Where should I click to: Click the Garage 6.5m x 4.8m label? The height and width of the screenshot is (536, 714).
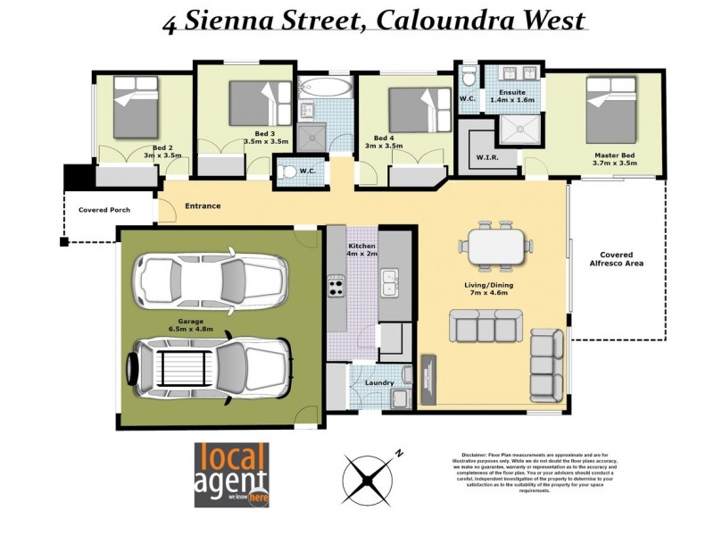tap(191, 325)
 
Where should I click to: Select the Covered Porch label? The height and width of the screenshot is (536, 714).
tap(104, 210)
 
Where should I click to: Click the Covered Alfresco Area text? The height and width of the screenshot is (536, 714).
tap(621, 259)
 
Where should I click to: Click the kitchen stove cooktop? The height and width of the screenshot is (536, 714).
tap(336, 286)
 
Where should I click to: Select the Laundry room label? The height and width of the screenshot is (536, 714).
tap(379, 383)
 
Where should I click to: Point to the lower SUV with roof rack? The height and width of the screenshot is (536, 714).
tap(208, 364)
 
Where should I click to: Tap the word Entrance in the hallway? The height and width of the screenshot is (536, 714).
tap(203, 206)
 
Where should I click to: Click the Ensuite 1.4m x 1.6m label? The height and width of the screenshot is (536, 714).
tap(512, 96)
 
